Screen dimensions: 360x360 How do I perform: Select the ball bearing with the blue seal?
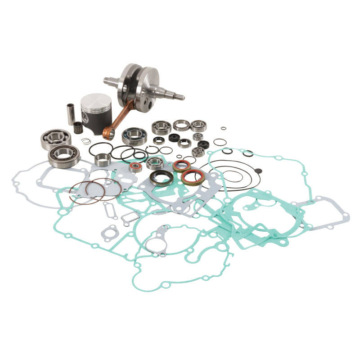[134, 135]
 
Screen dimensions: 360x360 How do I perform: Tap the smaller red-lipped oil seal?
[181, 166]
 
